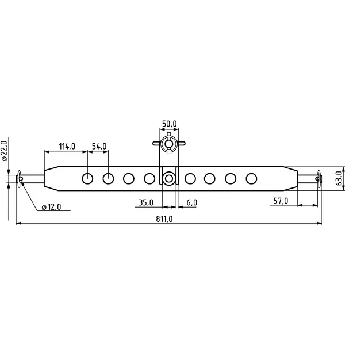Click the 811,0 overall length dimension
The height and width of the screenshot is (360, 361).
164,219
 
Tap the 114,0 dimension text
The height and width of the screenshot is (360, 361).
67,146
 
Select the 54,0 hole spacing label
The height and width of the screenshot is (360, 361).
99,146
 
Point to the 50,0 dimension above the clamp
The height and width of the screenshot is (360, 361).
170,124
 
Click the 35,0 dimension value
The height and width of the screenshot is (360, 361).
146,202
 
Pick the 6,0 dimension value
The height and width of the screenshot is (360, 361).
192,202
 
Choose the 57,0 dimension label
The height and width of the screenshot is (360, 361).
281,201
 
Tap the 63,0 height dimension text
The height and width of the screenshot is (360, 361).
339,178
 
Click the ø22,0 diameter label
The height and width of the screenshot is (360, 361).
5,151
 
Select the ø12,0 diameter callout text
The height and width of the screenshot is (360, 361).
51,207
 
